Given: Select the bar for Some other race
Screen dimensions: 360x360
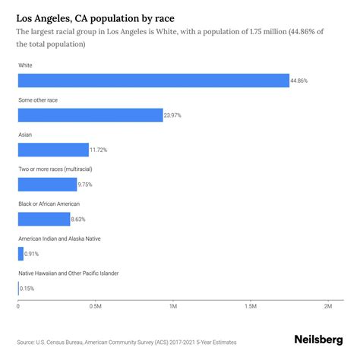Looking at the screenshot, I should coord(90,115).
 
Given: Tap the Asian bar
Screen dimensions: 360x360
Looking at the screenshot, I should coord(53,150).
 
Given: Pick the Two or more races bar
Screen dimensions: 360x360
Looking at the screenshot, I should coord(47,185).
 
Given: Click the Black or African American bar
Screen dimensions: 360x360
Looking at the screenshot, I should coord(44,219).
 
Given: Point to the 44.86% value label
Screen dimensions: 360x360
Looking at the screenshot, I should coord(300,81).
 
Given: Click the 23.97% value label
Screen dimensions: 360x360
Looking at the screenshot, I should coord(173,115).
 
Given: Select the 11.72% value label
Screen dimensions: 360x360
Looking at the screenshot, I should coord(99,150).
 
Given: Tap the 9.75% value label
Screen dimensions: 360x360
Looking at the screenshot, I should coord(87,185).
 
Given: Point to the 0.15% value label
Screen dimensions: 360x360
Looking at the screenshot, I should coord(27,289).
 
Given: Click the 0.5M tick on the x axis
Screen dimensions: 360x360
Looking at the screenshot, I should coord(96,307).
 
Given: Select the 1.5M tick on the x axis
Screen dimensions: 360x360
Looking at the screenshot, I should coord(251,307).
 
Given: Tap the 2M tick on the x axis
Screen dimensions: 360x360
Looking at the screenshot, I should coord(328,307).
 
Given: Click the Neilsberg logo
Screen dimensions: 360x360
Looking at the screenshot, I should coord(320,342).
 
